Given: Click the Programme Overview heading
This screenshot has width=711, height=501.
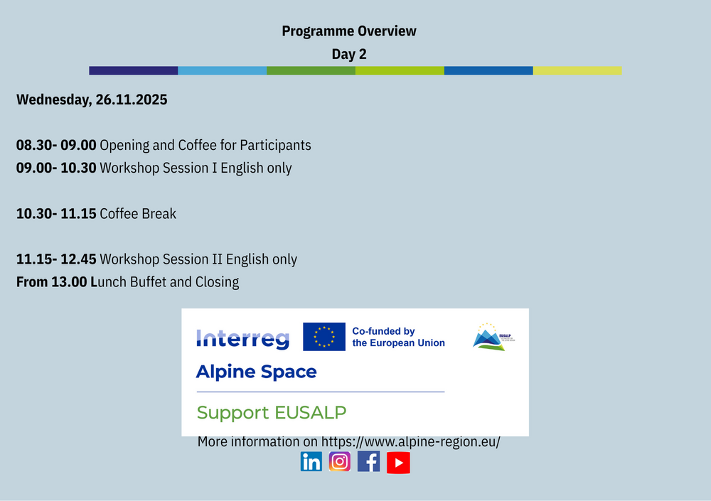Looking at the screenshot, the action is (348, 31).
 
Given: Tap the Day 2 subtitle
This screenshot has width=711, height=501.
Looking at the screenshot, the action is (348, 54).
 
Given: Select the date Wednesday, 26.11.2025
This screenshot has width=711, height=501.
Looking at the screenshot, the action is (92, 99).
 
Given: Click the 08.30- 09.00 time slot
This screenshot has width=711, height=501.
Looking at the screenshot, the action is (56, 145).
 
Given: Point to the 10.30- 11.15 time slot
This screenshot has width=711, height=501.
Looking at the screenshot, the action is (56, 214).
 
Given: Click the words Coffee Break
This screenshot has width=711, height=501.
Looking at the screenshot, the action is (138, 214).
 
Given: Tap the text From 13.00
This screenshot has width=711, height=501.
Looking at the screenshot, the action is (52, 282).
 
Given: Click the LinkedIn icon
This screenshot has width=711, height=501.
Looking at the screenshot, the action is (311, 462).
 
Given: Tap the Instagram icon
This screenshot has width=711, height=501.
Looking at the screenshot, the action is (340, 462).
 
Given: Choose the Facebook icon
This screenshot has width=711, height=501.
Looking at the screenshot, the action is (368, 462).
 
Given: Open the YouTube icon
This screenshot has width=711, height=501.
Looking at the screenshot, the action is (398, 463).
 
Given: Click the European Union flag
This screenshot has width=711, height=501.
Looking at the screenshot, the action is (324, 337).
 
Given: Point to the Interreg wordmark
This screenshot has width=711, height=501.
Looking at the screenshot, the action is (242, 339).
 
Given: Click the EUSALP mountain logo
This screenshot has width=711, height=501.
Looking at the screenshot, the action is (493, 337).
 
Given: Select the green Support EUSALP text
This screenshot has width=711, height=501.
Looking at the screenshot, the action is (271, 413).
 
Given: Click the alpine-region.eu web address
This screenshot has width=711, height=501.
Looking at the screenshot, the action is (411, 441).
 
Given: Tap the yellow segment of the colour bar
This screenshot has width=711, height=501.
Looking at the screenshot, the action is (577, 71).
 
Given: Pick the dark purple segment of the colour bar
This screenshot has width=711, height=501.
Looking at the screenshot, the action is (134, 71).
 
